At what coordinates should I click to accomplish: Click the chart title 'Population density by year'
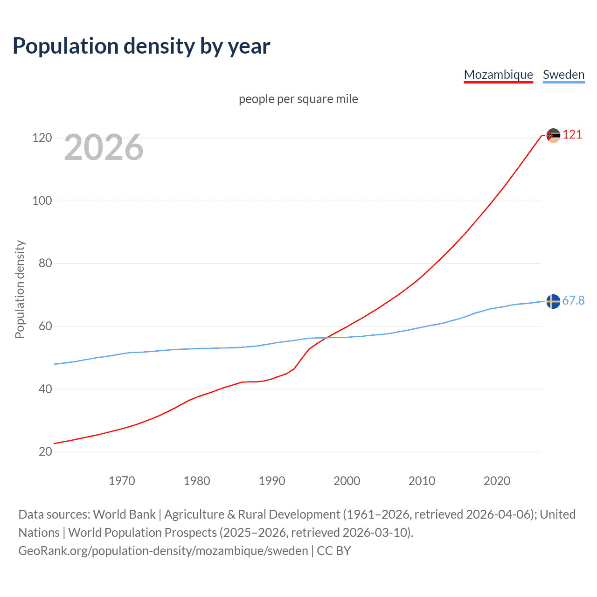tap(141, 46)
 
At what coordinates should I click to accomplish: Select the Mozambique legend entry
tap(498, 75)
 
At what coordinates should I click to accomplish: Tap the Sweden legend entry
tap(563, 75)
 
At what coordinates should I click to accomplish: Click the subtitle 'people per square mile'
tap(298, 99)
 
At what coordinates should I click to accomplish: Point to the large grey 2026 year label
tap(104, 147)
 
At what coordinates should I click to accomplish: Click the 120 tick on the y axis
tap(42, 138)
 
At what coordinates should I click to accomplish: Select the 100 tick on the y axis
tap(42, 201)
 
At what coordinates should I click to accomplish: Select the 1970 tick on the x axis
tap(122, 481)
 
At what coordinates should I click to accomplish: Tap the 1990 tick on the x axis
tap(272, 481)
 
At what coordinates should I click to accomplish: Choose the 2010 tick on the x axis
tap(422, 481)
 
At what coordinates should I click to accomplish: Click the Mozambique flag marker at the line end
tap(553, 135)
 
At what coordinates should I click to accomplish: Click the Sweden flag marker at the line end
tap(553, 301)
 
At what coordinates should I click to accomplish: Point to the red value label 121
tap(572, 135)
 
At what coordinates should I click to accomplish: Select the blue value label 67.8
tap(573, 301)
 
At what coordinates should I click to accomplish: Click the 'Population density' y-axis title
tap(20, 289)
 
